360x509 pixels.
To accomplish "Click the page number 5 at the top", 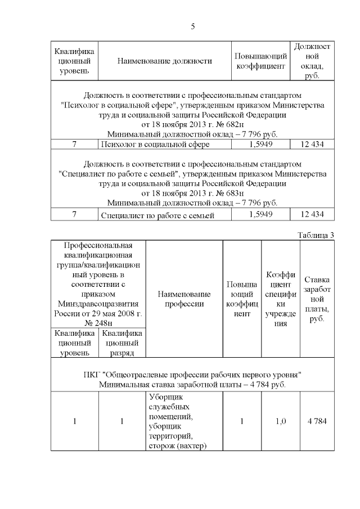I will [193, 26].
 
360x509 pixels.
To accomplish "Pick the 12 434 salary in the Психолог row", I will [312, 145].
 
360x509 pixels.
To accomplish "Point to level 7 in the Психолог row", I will [74, 145].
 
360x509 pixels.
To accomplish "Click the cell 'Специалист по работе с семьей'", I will [158, 215].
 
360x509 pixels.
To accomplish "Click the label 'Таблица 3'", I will [316, 235].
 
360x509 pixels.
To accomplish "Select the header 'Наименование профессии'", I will [184, 299].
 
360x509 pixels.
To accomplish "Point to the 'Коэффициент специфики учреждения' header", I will [280, 299].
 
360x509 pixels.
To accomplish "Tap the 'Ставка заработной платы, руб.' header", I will [317, 299].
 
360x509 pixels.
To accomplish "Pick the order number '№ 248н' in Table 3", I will [98, 323].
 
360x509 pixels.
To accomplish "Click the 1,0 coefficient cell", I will [280, 421].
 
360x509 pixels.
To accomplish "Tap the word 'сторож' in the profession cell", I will [161, 446].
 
